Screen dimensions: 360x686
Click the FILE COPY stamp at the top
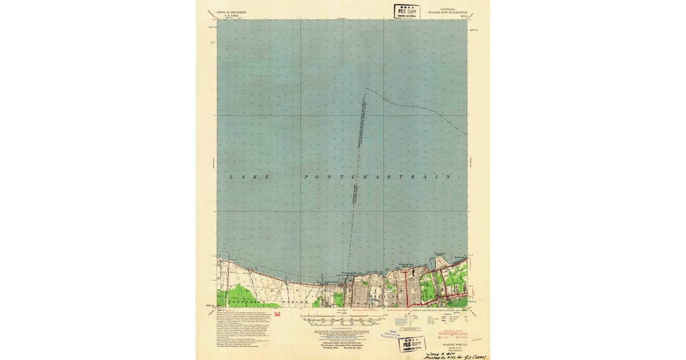click(406, 11)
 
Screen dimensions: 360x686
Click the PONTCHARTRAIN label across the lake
click(378, 177)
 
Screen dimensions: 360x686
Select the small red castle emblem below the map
click(277, 314)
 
